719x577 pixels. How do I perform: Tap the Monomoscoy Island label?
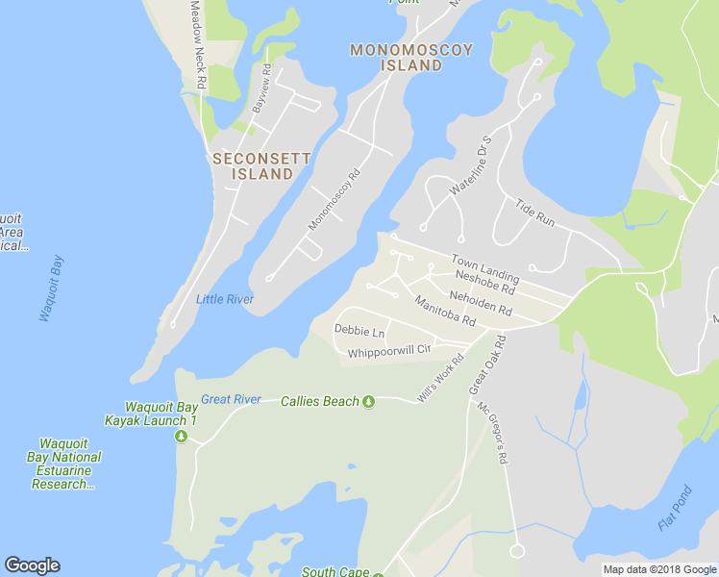pos(410,58)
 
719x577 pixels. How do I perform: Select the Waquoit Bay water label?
pos(50,288)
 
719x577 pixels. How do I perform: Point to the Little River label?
pos(225,299)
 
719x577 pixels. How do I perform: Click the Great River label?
pos(231,399)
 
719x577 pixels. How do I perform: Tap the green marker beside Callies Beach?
pos(368,402)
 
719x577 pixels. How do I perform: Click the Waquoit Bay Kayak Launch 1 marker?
pos(181,437)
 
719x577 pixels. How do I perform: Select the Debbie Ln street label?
pos(359,331)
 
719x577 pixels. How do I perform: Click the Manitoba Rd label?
pos(445,310)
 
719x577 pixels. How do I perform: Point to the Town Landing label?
pos(485,268)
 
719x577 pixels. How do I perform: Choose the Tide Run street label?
pos(535,213)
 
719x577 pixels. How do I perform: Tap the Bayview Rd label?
pos(260,88)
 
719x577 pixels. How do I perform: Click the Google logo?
pos(32,565)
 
